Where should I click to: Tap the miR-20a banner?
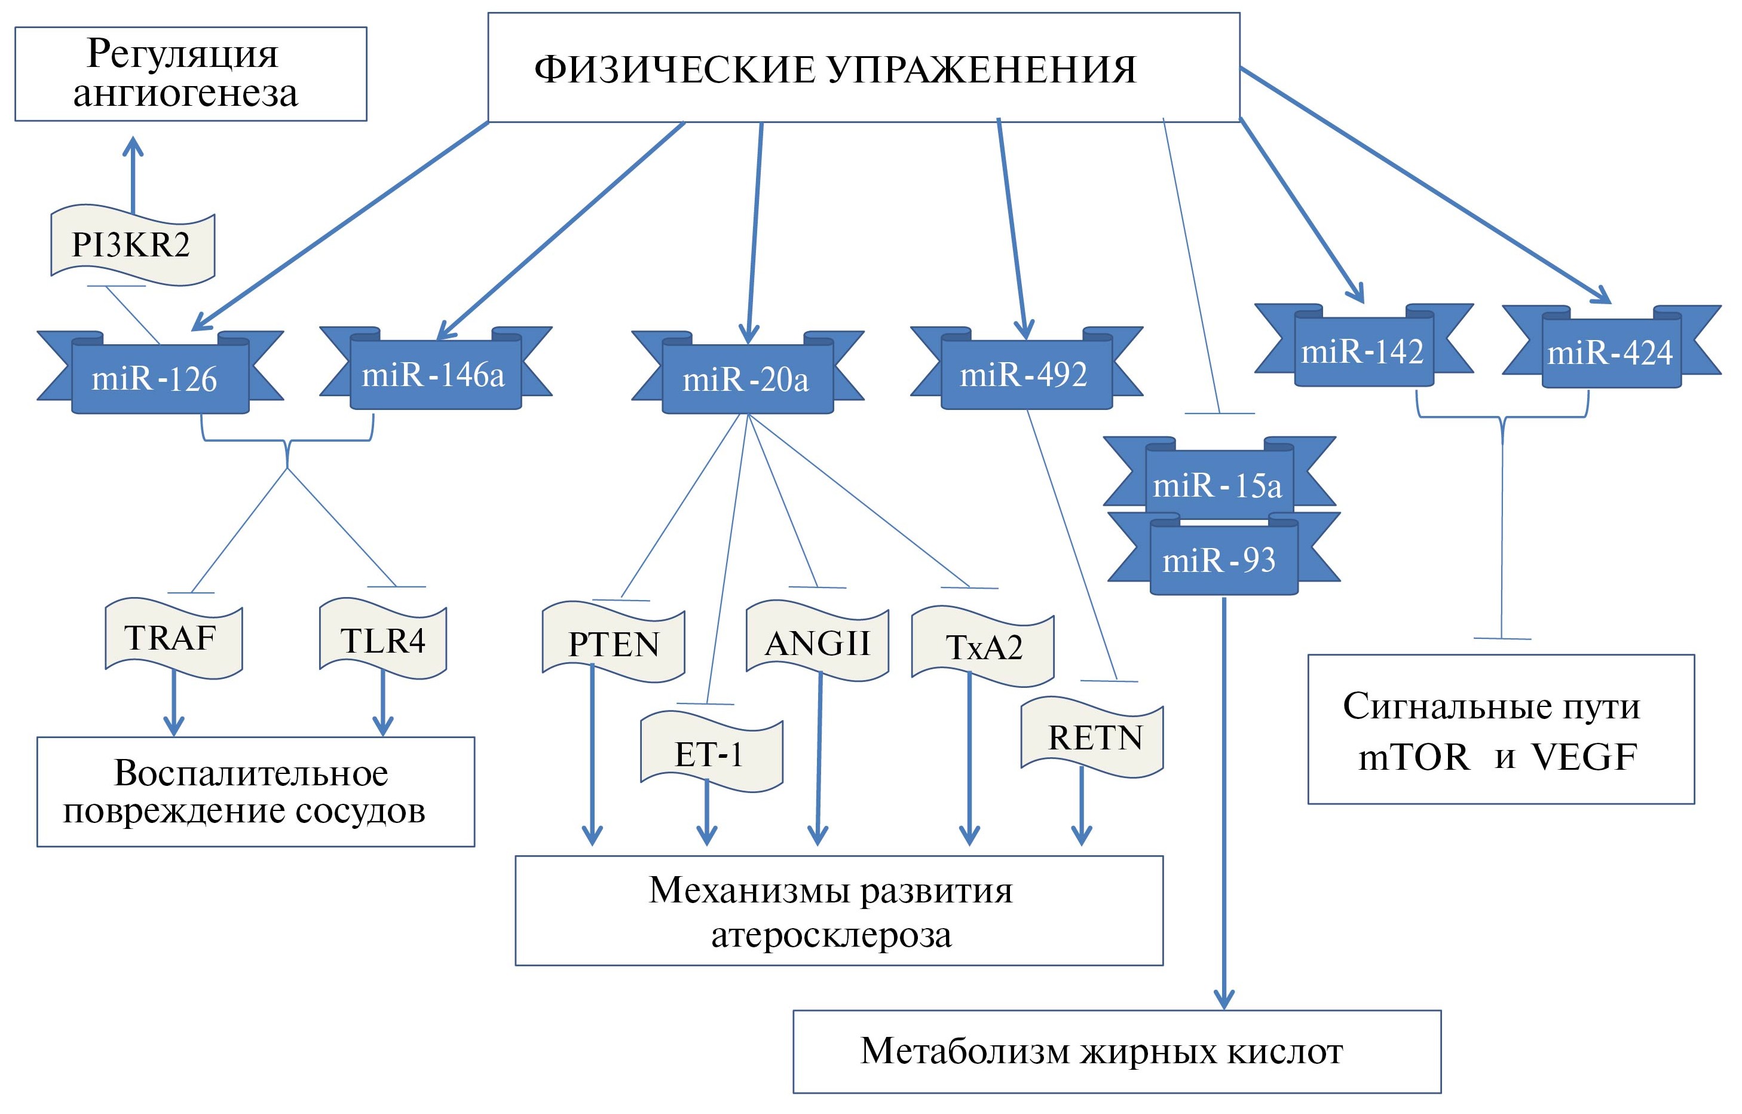click(x=746, y=378)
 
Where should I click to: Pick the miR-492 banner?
click(x=1025, y=374)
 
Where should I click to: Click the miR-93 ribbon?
click(x=1221, y=559)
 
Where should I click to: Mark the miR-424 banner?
click(x=1611, y=352)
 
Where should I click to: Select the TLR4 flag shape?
click(x=382, y=640)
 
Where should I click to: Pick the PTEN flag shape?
click(x=614, y=644)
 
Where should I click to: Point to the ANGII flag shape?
click(x=818, y=642)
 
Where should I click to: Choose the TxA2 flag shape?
click(x=983, y=647)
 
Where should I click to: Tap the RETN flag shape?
click(x=1093, y=738)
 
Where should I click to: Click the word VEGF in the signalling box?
click(x=1584, y=757)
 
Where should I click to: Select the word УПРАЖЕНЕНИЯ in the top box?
click(x=981, y=70)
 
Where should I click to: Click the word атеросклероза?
click(x=832, y=935)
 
